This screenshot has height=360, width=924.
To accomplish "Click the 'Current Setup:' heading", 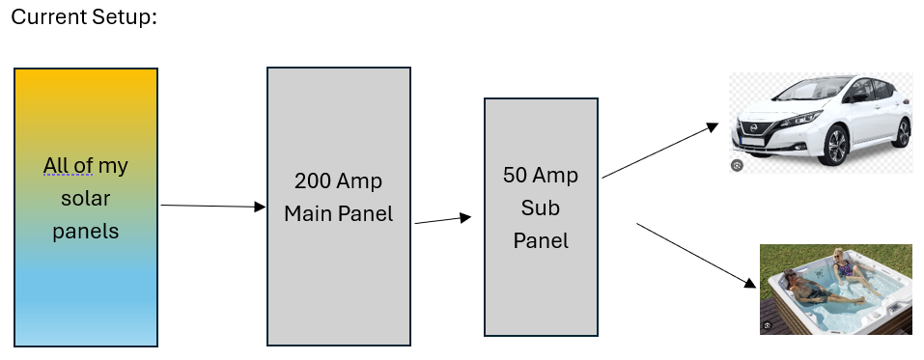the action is tap(84, 17).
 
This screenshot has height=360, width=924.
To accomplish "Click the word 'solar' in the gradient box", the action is tap(85, 198).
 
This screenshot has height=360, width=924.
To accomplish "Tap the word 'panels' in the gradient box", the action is tap(85, 231).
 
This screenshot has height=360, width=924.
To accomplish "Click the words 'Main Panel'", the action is tap(338, 213).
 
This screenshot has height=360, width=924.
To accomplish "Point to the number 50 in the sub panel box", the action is tap(515, 175).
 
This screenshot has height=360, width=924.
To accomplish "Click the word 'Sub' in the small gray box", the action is tap(541, 208).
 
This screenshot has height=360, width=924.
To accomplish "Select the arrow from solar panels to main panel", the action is tap(213, 207).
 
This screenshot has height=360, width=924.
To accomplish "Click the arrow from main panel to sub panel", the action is tap(443, 220).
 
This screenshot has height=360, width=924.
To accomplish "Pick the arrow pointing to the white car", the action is tap(660, 151).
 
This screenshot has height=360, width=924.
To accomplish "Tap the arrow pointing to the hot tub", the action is tap(696, 256).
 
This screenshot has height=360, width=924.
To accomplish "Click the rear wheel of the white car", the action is tap(902, 133).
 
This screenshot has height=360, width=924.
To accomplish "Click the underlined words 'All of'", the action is tap(68, 166).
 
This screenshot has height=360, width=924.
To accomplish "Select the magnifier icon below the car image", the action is tap(737, 166).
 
